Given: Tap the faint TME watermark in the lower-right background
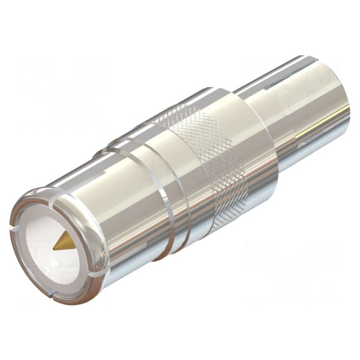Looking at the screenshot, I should coord(288,264).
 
